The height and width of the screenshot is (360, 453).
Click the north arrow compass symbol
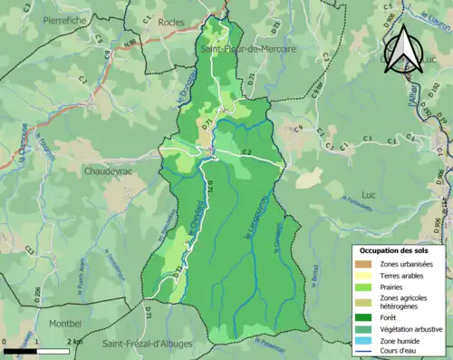(x=401, y=50)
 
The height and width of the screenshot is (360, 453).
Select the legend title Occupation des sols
(x=398, y=249)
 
